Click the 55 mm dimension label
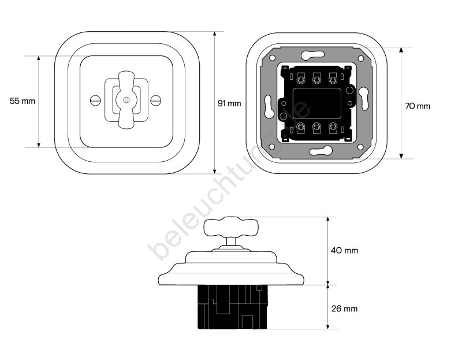(23, 101)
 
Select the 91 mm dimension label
(229, 103)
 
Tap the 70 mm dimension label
(418, 106)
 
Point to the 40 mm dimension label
(344, 251)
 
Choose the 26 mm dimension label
(344, 309)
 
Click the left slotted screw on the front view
(95, 101)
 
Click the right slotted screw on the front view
(156, 101)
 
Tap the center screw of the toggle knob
(126, 99)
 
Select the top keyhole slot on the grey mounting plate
(313, 55)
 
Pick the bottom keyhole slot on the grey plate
(321, 151)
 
